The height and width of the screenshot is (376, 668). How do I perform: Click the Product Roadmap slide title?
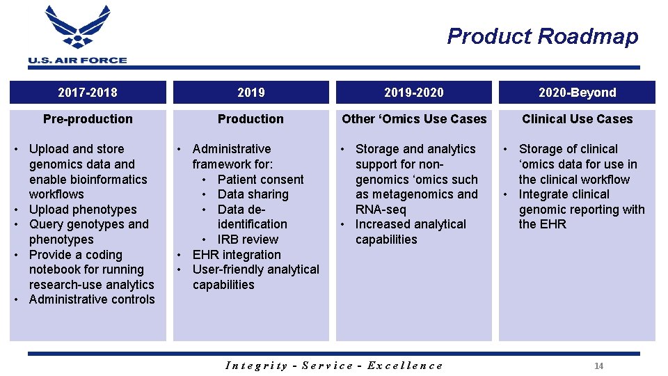(x=542, y=36)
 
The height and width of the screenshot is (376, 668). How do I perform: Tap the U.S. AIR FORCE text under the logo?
(x=77, y=61)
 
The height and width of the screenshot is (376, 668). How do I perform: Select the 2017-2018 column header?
(x=88, y=93)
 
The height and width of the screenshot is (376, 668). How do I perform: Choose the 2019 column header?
(x=250, y=93)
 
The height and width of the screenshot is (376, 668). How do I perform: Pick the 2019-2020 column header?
(x=414, y=93)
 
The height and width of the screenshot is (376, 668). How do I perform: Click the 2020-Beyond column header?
(x=577, y=93)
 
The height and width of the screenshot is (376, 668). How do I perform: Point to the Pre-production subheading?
(x=88, y=119)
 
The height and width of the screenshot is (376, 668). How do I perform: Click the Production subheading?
(x=250, y=119)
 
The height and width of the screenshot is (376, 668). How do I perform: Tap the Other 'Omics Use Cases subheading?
(x=414, y=119)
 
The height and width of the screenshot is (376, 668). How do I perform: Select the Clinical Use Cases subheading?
(x=577, y=119)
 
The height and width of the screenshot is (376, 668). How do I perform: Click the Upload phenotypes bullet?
(x=83, y=210)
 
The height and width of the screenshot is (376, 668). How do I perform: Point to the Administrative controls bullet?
(x=92, y=299)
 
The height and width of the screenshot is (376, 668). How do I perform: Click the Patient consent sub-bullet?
(x=260, y=180)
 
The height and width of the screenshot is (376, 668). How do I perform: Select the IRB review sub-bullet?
(x=248, y=240)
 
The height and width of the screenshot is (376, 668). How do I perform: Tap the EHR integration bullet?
(x=237, y=255)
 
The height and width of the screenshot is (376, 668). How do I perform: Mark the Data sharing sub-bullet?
(x=253, y=194)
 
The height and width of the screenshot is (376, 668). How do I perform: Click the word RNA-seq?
(x=381, y=210)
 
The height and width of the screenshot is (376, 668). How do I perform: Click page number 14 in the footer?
(x=598, y=366)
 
